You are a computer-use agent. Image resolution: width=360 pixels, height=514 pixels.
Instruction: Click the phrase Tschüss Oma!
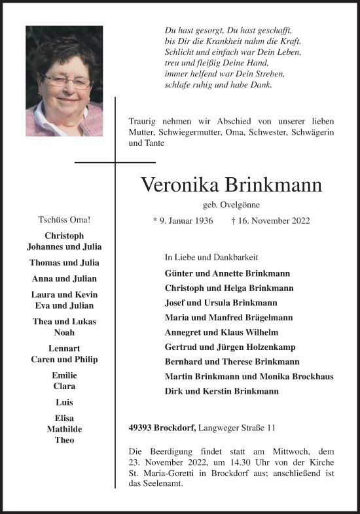click(64, 221)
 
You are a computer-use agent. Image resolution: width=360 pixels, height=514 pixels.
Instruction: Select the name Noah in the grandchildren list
click(64, 332)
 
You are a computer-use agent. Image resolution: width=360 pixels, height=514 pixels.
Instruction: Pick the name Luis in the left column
click(64, 402)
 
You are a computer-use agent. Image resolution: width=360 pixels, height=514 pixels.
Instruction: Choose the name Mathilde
click(64, 430)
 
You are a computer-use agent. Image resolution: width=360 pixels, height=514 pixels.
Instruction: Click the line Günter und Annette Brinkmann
click(228, 273)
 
